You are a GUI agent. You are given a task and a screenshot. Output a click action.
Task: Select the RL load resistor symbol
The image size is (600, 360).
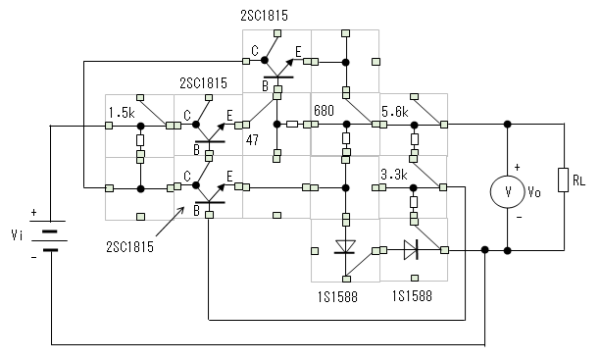pos(564,180)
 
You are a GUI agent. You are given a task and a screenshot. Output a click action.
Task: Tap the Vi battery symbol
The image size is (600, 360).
pos(49,235)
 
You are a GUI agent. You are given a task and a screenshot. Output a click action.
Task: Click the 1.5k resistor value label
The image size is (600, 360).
pos(122,113)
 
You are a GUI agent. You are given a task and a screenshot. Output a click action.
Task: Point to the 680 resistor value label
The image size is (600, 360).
pos(324,111)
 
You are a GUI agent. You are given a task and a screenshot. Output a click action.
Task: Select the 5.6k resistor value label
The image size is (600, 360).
pos(395,112)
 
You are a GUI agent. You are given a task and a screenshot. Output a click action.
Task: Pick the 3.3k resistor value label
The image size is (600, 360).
pos(394,175)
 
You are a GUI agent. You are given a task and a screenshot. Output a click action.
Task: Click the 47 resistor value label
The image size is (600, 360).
pos(252,140)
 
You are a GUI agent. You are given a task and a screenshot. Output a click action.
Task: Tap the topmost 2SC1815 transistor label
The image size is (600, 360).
pos(264,16)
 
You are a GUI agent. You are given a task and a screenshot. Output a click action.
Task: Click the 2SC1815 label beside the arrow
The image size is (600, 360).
pos(129,247)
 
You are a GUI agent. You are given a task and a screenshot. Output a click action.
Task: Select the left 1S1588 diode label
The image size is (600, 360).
pos(337,297)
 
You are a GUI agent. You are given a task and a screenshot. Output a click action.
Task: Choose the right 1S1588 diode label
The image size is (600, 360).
pos(412,295)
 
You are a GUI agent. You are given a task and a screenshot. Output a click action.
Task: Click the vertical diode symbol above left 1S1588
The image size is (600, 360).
pos(345,246)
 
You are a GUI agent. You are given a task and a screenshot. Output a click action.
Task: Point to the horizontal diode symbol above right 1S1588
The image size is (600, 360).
pos(411,250)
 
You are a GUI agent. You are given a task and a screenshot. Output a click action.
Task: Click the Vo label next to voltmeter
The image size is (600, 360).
pos(534,191)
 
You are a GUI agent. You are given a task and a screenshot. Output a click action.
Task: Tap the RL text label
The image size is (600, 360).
pos(579,180)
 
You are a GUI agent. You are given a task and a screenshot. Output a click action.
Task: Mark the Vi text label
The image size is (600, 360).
pos(17,234)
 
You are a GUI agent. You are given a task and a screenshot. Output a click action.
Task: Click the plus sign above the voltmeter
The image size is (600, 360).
pos(518,167)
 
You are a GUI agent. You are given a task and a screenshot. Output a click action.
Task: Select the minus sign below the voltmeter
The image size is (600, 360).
pos(519,217)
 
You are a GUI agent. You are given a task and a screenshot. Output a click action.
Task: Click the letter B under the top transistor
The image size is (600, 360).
pos(265,86)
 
